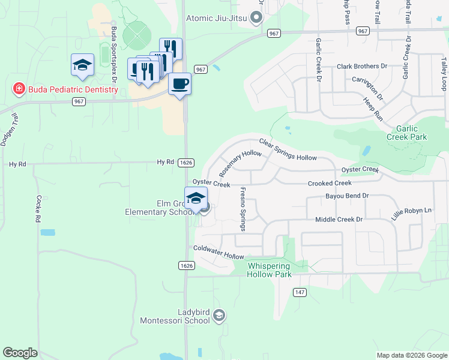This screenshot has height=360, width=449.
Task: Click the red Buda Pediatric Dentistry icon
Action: pyautogui.click(x=19, y=89)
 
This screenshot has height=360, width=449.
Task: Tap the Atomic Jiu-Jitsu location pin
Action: pyautogui.click(x=257, y=18)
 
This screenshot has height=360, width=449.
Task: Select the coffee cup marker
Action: pyautogui.click(x=179, y=83)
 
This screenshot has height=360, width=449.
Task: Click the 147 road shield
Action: pyautogui.click(x=300, y=292)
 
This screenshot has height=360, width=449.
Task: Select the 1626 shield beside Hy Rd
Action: pyautogui.click(x=186, y=163)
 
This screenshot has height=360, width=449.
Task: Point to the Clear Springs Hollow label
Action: pyautogui.click(x=288, y=149)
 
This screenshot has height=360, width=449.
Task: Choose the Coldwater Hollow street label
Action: pyautogui.click(x=218, y=252)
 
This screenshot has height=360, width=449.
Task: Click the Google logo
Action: pyautogui.click(x=20, y=353)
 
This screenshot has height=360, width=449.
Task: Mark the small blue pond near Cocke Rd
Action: pyautogui.click(x=47, y=232)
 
